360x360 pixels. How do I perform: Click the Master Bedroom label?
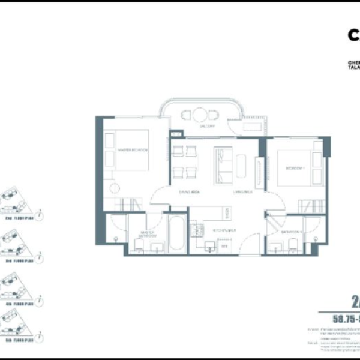pos(133,149)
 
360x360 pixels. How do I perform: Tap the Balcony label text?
pos(207,126)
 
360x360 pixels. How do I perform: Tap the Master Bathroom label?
pos(148,235)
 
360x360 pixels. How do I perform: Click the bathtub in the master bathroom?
pos(176,234)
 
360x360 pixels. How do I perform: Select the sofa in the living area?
pos(223,165)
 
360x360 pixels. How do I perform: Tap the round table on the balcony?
pos(200,115)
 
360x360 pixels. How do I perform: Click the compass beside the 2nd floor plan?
pos(39,214)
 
